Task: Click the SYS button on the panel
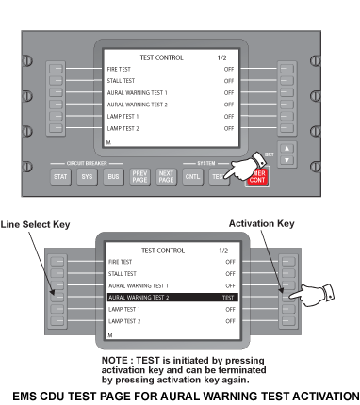[87, 177]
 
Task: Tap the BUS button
[113, 177]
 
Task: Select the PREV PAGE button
[139, 177]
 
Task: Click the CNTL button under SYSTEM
[192, 177]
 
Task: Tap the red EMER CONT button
[257, 178]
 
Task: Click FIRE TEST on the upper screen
[119, 69]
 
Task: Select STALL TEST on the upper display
[121, 81]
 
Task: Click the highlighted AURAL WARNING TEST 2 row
[172, 298]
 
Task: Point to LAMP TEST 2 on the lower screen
[124, 321]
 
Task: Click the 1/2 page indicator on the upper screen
[221, 57]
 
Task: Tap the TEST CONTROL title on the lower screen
[163, 251]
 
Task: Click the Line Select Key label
[35, 224]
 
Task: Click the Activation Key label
[262, 223]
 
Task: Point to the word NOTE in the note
[115, 360]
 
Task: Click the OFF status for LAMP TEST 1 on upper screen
[229, 117]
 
